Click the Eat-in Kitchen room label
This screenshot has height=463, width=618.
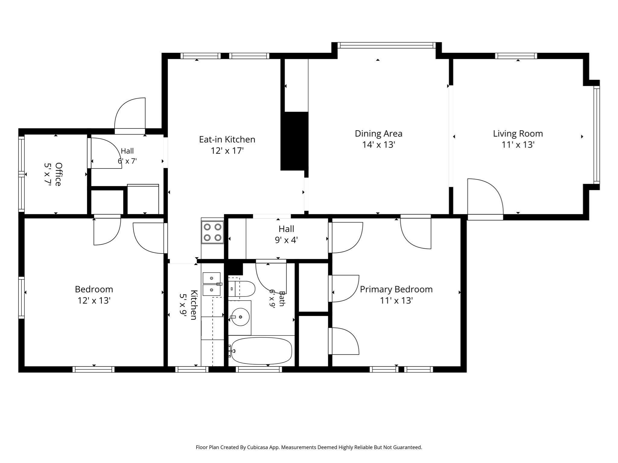(227, 140)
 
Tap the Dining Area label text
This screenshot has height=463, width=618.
(378, 134)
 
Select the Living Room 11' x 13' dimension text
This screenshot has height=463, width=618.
(518, 145)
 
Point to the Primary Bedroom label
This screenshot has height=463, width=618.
(396, 289)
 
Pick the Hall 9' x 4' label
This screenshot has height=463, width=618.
(286, 235)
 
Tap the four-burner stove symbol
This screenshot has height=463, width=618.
(212, 232)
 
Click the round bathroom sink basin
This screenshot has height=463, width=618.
(241, 317)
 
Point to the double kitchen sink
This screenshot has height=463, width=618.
(212, 284)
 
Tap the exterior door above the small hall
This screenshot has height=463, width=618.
(130, 116)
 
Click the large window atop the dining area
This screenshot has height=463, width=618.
(387, 45)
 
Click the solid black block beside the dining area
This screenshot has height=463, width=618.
(294, 141)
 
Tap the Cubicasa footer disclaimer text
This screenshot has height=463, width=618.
(309, 448)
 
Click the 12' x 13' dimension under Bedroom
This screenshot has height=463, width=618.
(94, 301)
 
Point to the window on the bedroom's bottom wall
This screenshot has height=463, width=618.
(94, 370)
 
